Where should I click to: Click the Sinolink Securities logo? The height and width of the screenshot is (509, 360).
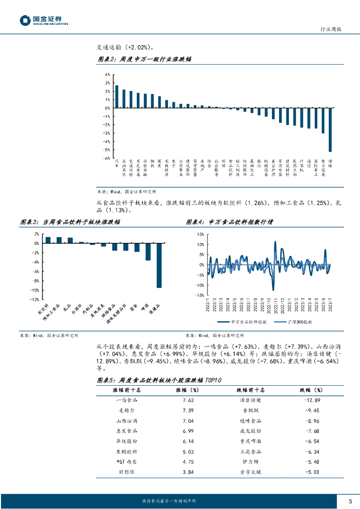click(44, 20)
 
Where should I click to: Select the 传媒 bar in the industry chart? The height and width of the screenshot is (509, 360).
click(330, 129)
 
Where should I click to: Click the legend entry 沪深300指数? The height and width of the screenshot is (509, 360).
click(300, 322)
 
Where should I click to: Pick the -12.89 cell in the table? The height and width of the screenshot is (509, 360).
click(310, 386)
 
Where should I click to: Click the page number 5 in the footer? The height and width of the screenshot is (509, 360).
click(350, 501)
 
